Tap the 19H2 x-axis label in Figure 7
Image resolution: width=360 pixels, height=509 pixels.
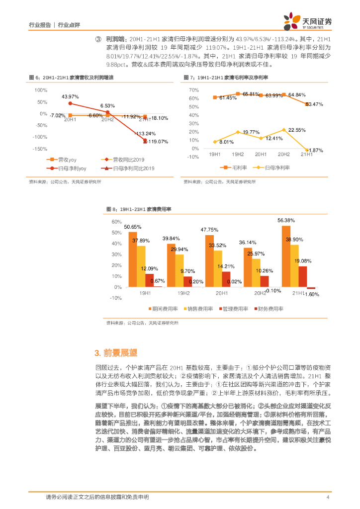pos(238,155)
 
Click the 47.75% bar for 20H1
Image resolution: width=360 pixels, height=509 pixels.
pos(209,261)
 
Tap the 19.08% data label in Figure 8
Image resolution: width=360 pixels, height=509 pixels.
pos(303,261)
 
